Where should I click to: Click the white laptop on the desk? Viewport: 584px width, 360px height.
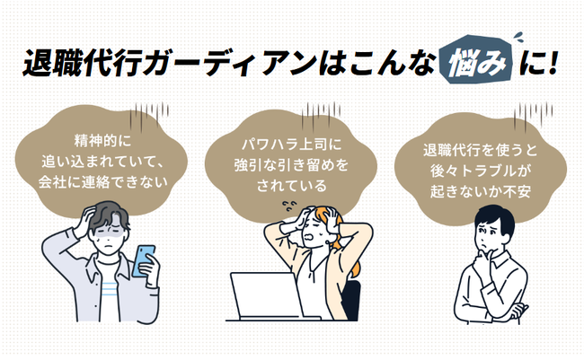click(x=266, y=297)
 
